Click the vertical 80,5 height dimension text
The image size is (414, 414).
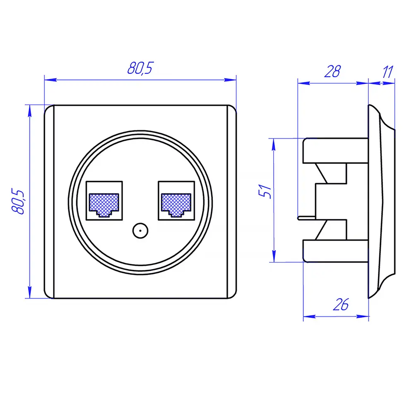coord(18,202)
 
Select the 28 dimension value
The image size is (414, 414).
coord(332,72)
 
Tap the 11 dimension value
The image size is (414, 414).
coord(387,72)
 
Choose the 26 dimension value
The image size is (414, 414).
coord(340,305)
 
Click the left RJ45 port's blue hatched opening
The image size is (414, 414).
coord(104,202)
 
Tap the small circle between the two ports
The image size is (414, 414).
coord(140,231)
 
